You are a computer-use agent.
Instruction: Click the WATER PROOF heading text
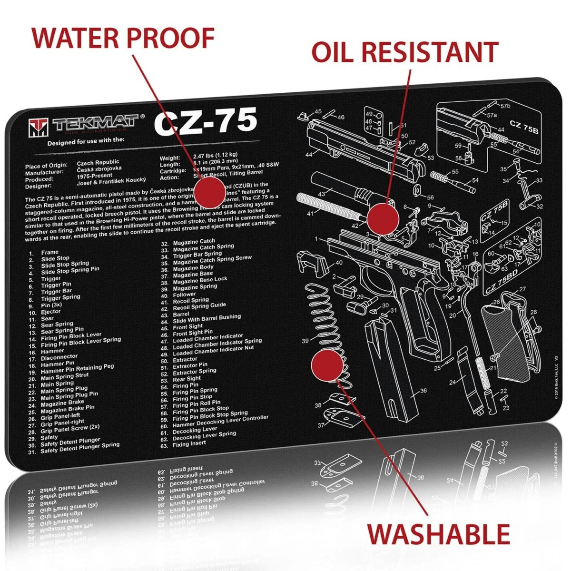coord(123,38)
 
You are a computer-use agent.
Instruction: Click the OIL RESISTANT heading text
coord(404,52)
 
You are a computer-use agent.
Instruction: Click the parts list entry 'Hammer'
coord(52,351)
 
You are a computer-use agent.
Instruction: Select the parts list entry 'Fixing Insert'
coord(189,443)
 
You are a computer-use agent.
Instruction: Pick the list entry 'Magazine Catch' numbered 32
coord(194,242)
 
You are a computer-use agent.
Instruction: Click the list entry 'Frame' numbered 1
coord(50,252)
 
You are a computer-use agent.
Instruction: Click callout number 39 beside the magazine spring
coord(305,340)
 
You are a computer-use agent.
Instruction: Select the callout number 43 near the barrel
coord(322,194)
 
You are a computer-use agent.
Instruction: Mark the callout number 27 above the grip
coord(522,289)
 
